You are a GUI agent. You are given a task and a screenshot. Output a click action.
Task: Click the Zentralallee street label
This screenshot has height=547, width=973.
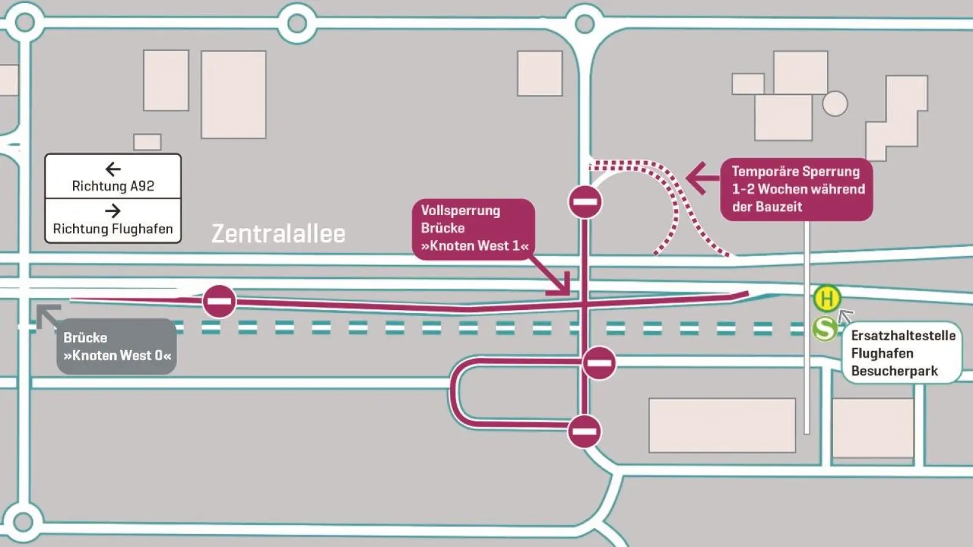pyautogui.click(x=279, y=234)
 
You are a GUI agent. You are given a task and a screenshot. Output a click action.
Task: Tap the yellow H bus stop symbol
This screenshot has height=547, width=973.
pyautogui.click(x=826, y=298)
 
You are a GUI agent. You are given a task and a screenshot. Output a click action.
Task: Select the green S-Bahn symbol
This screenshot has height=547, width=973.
pyautogui.click(x=825, y=329)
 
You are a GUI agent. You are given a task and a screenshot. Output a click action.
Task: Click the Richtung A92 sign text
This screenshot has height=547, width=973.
pyautogui.click(x=113, y=186)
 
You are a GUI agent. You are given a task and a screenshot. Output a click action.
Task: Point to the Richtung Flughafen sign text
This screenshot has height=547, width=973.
pyautogui.click(x=113, y=229)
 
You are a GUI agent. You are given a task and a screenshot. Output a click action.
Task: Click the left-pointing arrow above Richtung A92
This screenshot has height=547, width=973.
pyautogui.click(x=113, y=168)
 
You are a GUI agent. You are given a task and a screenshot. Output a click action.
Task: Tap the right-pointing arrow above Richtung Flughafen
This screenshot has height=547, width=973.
pyautogui.click(x=113, y=211)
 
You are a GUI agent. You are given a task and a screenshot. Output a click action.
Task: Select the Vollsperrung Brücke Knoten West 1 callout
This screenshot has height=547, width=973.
pyautogui.click(x=474, y=229)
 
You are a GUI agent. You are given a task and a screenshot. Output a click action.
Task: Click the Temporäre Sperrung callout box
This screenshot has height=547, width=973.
pyautogui.click(x=797, y=189)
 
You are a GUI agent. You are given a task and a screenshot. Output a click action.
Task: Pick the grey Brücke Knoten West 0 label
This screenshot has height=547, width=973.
pyautogui.click(x=117, y=346)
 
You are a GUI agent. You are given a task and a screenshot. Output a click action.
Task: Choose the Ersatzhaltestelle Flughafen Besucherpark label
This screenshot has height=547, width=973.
pyautogui.click(x=902, y=353)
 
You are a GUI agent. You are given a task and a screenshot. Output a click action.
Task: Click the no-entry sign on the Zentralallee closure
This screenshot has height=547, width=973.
pyautogui.click(x=219, y=301)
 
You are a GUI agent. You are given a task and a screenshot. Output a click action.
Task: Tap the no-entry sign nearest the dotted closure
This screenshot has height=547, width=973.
pyautogui.click(x=585, y=202)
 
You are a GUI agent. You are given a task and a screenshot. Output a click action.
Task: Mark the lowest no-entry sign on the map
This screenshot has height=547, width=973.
pyautogui.click(x=584, y=432)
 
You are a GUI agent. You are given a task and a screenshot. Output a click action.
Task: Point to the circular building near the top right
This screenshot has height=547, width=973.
pyautogui.click(x=835, y=103)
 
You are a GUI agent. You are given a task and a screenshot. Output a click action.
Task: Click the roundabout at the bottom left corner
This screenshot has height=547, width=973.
pyautogui.click(x=23, y=521)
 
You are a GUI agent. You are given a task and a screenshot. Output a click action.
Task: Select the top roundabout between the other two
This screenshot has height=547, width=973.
pyautogui.click(x=297, y=24)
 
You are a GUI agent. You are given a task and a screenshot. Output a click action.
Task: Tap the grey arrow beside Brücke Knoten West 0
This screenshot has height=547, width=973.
pyautogui.click(x=48, y=315)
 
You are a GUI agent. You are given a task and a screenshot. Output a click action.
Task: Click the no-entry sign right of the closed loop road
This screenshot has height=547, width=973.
pyautogui.click(x=599, y=363)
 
